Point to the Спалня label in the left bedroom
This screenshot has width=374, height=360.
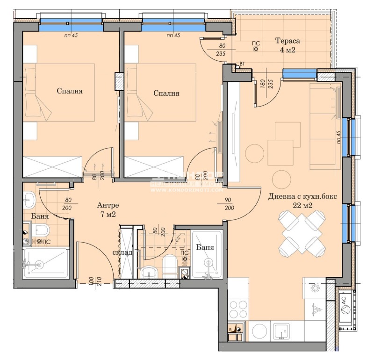pos(70,91)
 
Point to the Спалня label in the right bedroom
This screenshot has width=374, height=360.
pos(166,93)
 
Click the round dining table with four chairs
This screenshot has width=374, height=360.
pos(302,231)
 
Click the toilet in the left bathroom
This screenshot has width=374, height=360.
pos(41,230)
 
